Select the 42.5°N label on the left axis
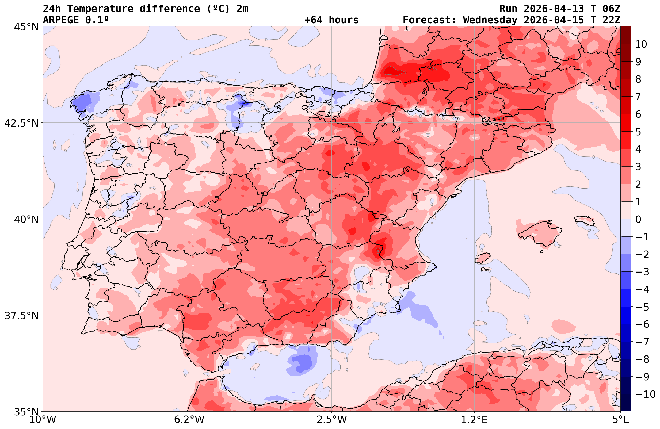(21, 123)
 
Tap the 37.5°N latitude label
(21, 316)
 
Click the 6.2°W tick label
(189, 420)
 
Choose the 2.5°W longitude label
(332, 420)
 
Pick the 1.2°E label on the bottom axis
(474, 420)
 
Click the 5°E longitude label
(620, 420)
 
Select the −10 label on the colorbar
(645, 394)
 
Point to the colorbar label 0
(638, 219)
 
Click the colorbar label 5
(638, 132)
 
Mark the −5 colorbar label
(642, 307)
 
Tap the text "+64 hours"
(331, 20)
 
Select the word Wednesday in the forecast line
(490, 20)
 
